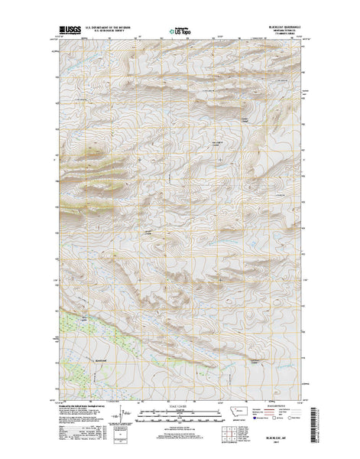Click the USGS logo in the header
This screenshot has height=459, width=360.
pyautogui.click(x=67, y=31)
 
